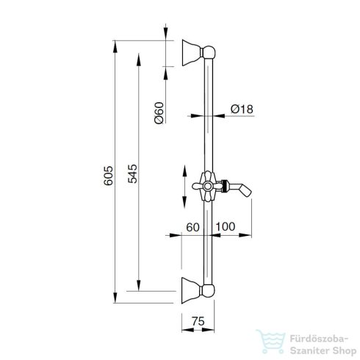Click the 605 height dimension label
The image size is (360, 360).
108,176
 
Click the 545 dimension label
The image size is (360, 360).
132,174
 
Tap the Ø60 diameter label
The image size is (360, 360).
159,113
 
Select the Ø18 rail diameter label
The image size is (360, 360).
242,109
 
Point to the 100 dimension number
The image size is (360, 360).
225,226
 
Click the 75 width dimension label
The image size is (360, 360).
198,321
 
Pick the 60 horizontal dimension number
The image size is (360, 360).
192,227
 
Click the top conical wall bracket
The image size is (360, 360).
192,53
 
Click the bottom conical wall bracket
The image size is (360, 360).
191,290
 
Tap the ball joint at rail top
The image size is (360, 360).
209,52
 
